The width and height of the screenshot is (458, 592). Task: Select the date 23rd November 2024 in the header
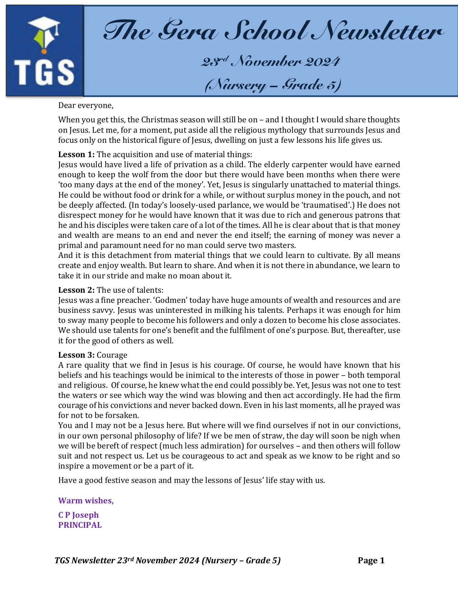pyautogui.click(x=270, y=62)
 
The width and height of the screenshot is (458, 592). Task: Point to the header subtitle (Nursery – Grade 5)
pyautogui.click(x=273, y=85)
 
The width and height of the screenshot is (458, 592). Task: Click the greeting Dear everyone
pyautogui.click(x=86, y=105)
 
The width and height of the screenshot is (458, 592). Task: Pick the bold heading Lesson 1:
pyautogui.click(x=77, y=155)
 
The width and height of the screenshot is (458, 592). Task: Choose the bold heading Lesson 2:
pyautogui.click(x=77, y=290)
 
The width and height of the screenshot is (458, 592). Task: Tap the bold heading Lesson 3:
pyautogui.click(x=77, y=355)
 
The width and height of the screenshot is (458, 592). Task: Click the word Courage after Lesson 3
pyautogui.click(x=112, y=355)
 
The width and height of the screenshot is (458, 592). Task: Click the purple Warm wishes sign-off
pyautogui.click(x=86, y=501)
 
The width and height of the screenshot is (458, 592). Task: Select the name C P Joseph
pyautogui.click(x=78, y=515)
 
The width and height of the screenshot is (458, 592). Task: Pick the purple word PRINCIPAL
pyautogui.click(x=80, y=525)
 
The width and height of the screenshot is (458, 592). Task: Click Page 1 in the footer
pyautogui.click(x=371, y=561)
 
